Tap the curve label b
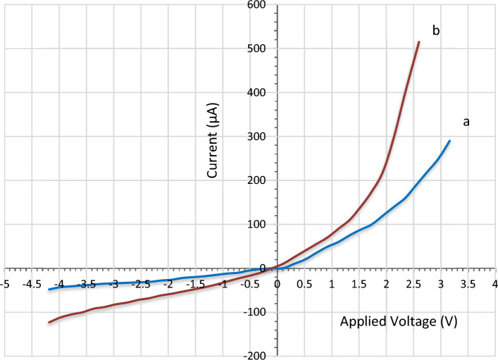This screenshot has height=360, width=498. (x=436, y=30)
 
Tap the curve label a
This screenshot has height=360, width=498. (x=466, y=122)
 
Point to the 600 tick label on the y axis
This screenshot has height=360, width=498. (x=263, y=5)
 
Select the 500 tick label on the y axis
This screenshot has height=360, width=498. (x=263, y=49)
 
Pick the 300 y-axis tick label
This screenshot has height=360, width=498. (x=263, y=137)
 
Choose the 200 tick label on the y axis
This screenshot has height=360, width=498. (x=263, y=180)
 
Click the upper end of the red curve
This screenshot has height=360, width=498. (x=419, y=42)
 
